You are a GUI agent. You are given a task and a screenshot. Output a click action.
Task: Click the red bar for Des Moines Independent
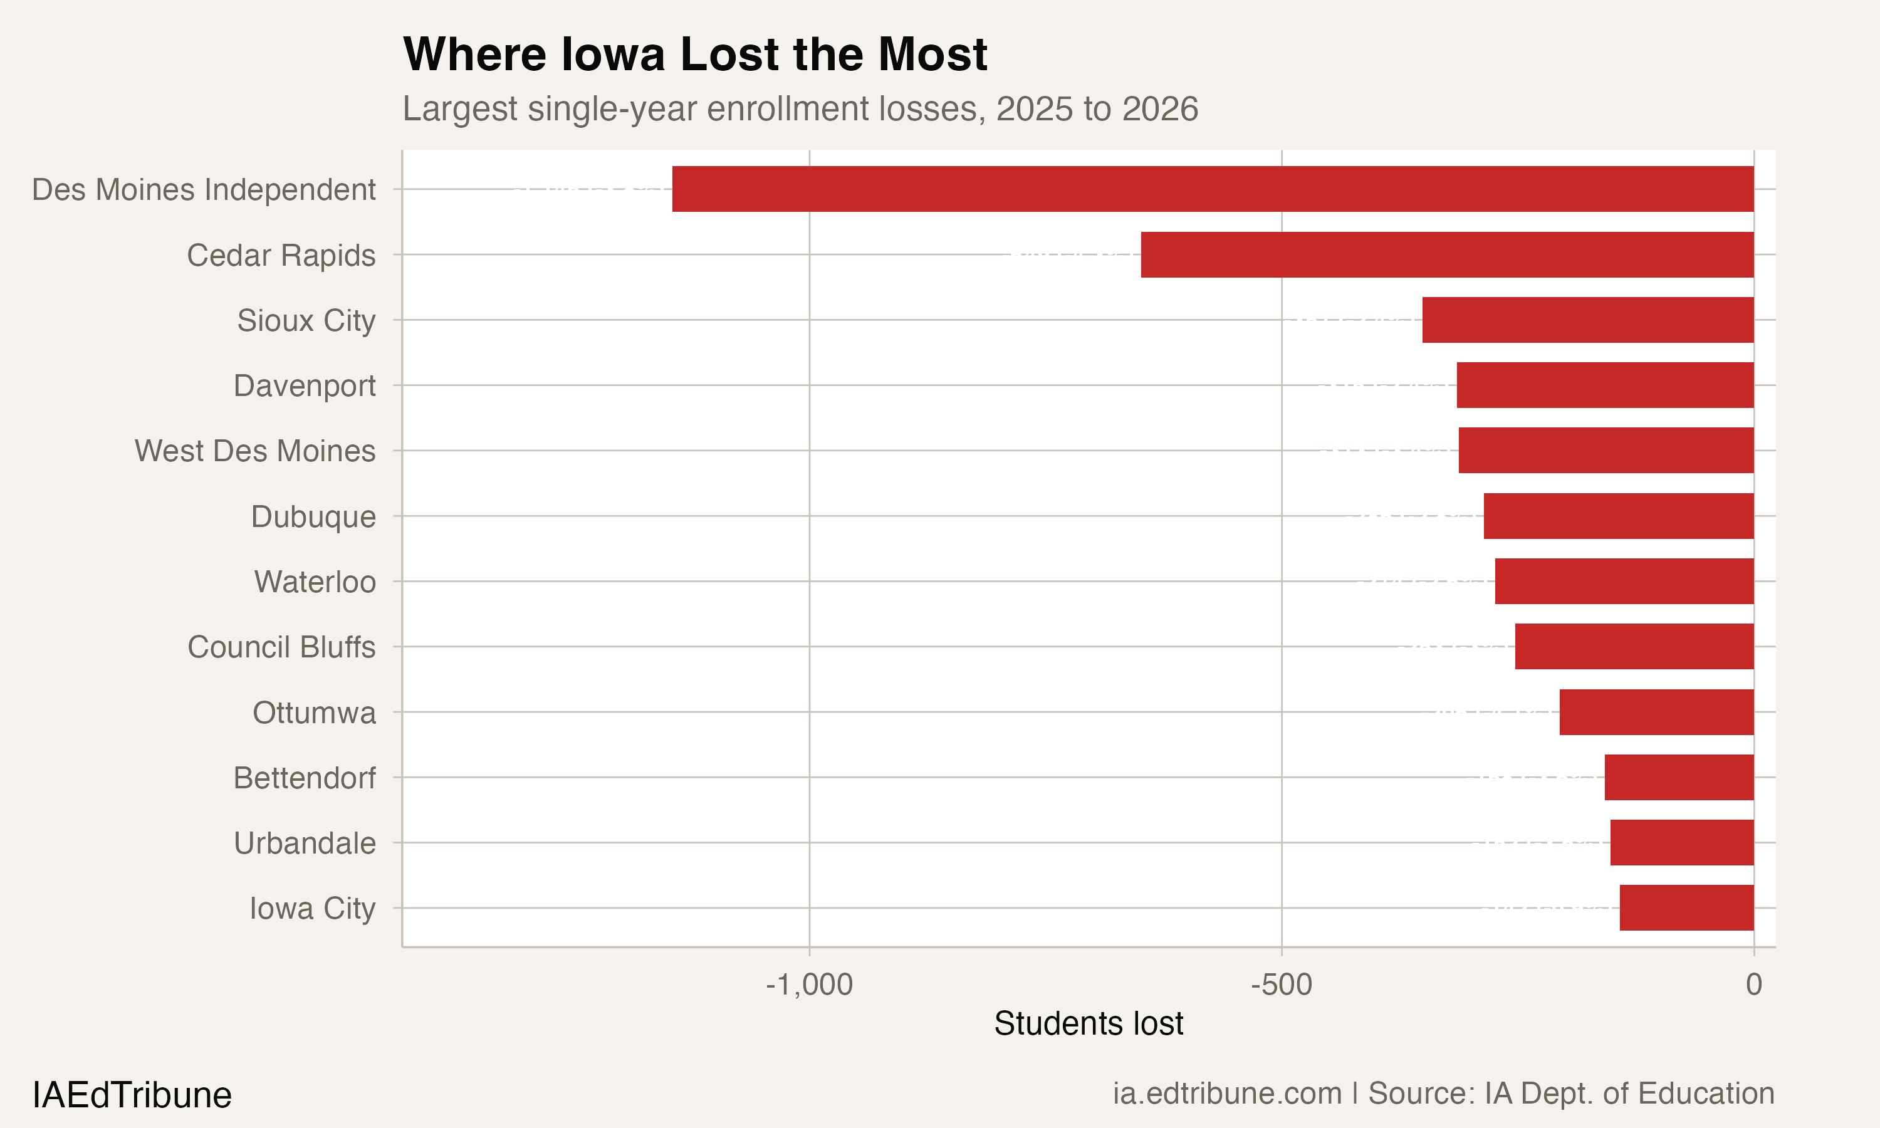1213,189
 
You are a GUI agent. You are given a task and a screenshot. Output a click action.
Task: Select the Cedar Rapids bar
1447,254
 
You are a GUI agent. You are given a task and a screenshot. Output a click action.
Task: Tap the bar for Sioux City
1587,320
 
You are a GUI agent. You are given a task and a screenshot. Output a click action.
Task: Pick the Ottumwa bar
1656,713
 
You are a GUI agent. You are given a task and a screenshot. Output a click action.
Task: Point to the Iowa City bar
1686,907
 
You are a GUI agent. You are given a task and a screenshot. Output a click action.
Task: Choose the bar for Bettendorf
1679,778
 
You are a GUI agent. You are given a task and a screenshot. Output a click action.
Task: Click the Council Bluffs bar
1634,647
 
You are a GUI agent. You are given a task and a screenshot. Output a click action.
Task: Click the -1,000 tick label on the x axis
808,985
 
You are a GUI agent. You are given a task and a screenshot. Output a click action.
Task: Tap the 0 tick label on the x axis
1753,985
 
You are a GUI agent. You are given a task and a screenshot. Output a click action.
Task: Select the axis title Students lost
1088,1024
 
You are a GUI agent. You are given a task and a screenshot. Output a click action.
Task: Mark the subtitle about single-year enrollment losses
800,108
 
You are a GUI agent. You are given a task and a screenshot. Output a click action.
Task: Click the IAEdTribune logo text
132,1095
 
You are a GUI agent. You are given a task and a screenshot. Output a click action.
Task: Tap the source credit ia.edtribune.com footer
1443,1094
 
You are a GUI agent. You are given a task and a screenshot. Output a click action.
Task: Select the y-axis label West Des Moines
254,451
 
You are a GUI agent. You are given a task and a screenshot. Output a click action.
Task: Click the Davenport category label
304,385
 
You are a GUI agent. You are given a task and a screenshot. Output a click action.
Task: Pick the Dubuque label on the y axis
313,516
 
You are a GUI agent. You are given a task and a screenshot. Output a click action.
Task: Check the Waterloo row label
315,582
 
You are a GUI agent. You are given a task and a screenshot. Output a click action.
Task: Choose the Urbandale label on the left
304,843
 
